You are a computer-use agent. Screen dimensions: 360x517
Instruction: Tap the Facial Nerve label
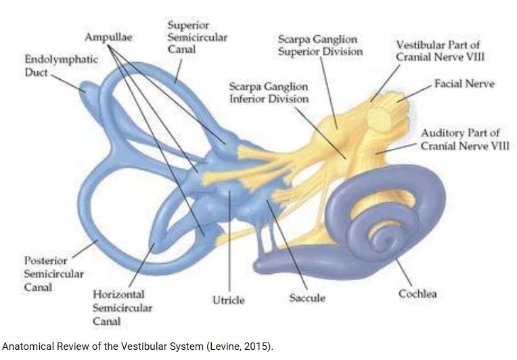click(464, 84)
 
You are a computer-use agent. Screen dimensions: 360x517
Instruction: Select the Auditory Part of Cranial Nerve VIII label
click(464, 139)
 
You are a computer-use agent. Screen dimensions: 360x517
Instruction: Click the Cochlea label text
click(417, 294)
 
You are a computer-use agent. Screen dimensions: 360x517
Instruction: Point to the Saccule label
click(307, 298)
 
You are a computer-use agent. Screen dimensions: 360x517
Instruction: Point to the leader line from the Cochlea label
click(404, 271)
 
